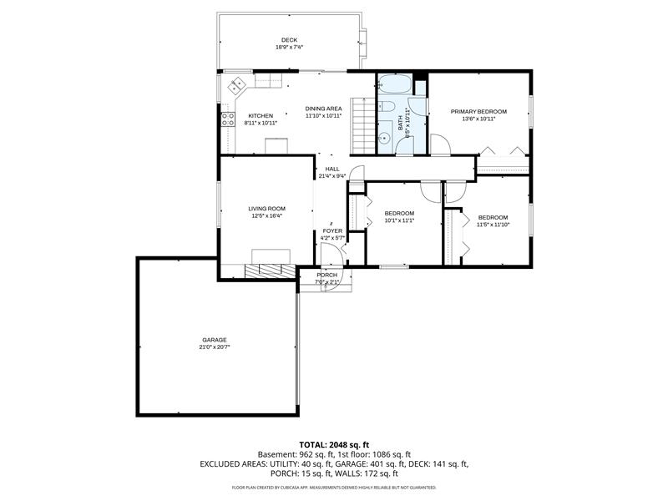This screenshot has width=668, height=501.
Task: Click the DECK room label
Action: (x=289, y=40)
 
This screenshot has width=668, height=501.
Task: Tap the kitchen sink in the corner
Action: (x=236, y=84)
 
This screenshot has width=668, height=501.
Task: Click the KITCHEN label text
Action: (x=261, y=115)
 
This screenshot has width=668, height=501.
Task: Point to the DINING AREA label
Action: (x=323, y=109)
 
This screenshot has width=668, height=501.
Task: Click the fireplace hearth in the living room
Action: (x=269, y=269)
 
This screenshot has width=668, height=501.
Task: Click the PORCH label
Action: (x=327, y=276)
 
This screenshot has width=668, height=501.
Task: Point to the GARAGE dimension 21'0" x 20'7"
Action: (x=215, y=347)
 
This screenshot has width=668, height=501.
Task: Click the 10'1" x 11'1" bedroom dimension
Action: (x=399, y=220)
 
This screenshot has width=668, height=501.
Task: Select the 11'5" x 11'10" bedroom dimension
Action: (x=493, y=225)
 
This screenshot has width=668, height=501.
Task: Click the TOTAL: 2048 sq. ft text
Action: (x=334, y=444)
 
